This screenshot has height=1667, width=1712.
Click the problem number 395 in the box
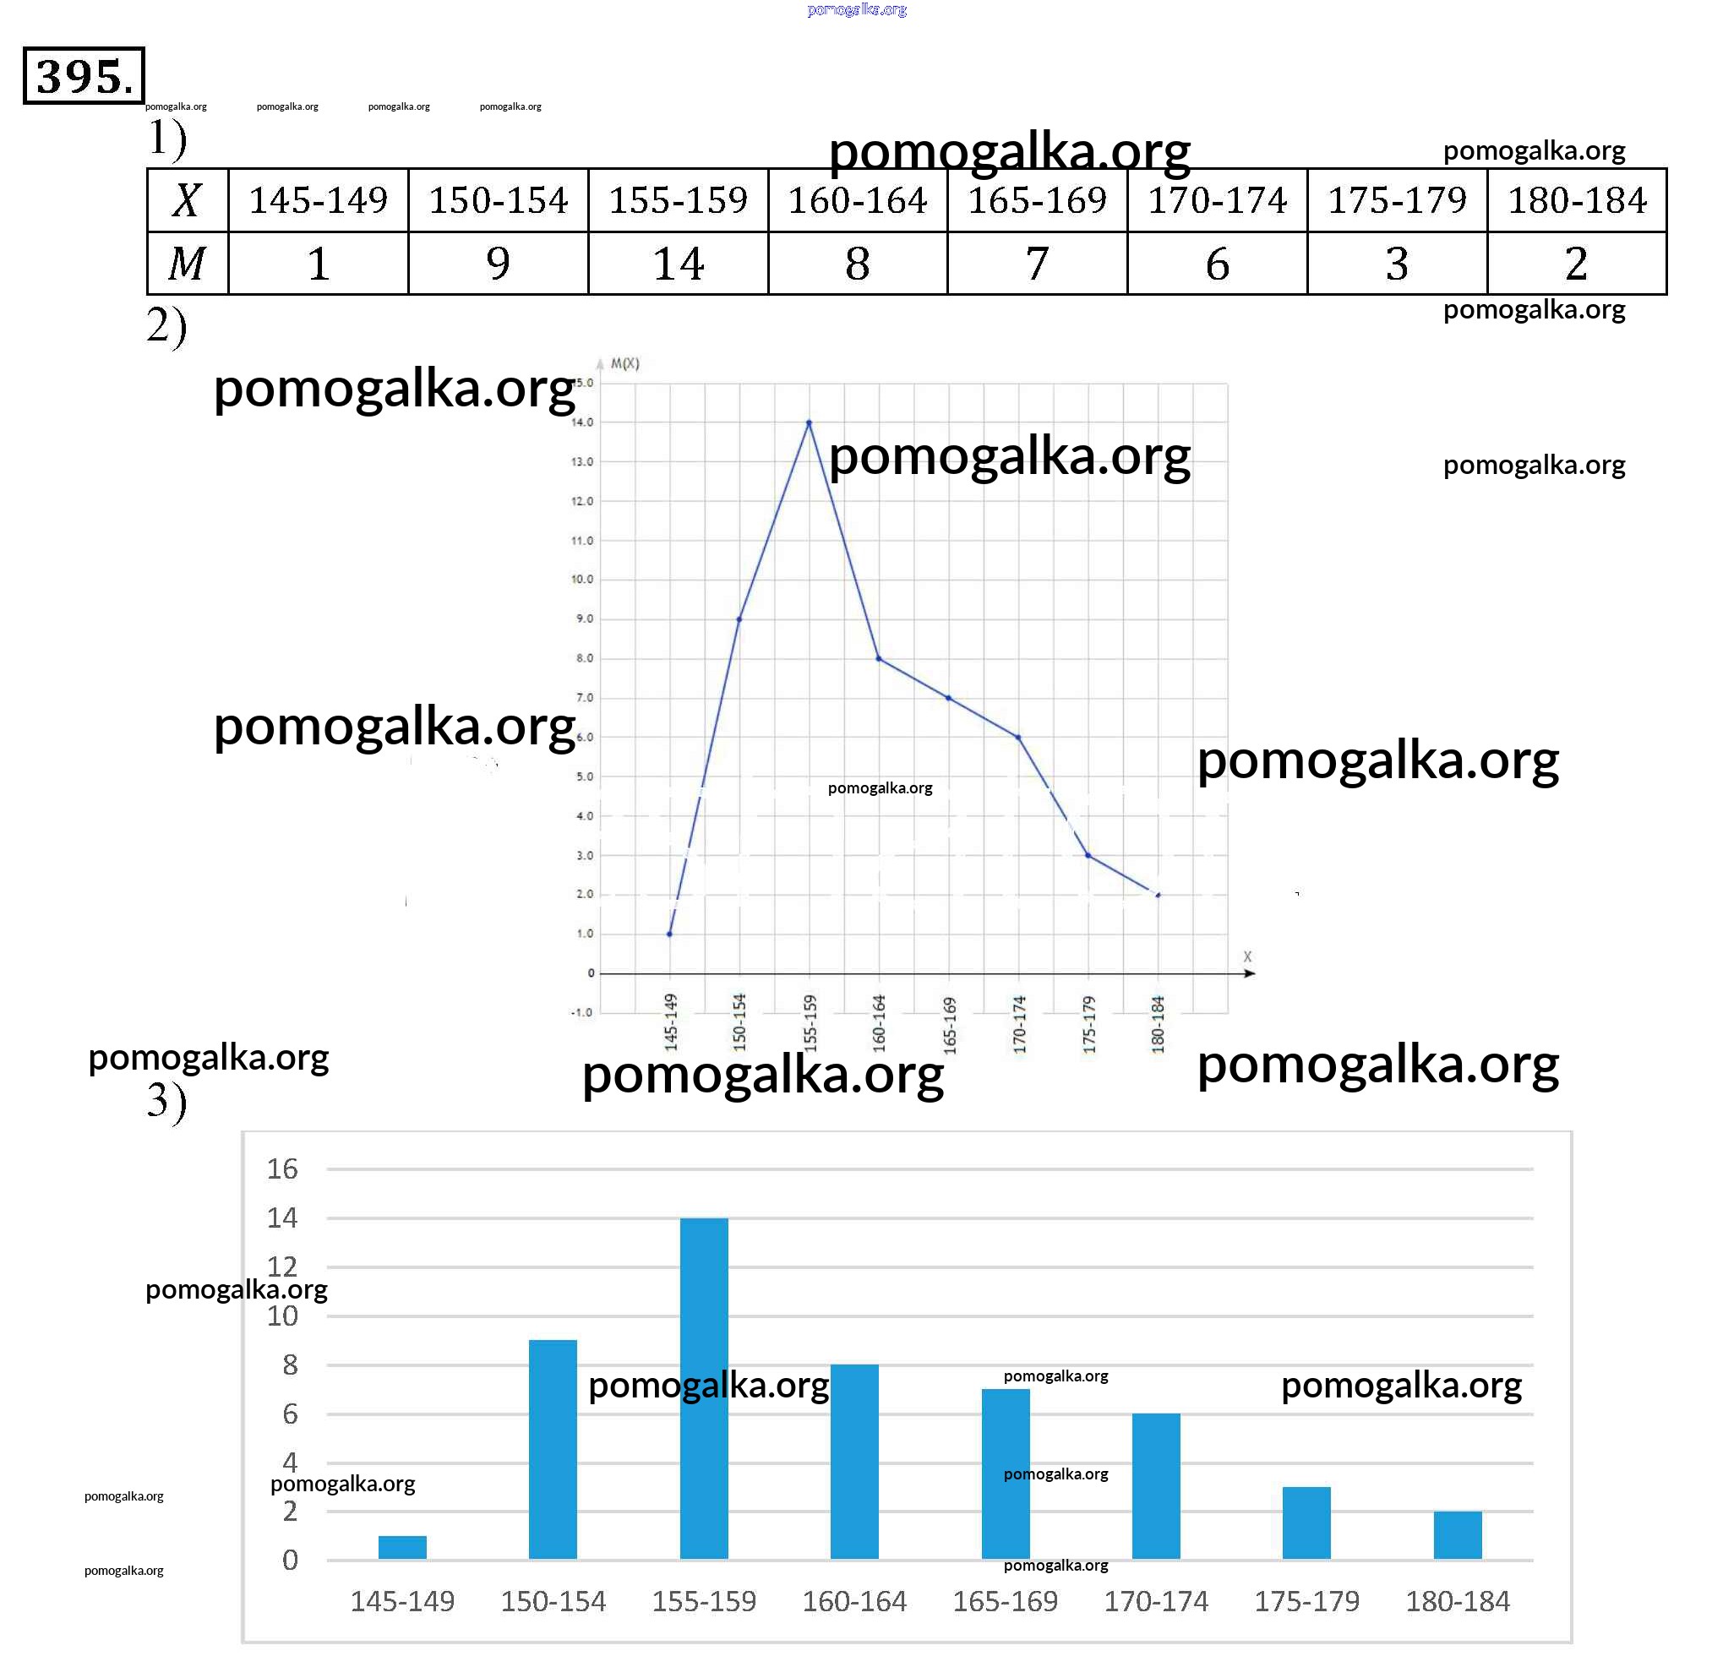pyautogui.click(x=83, y=76)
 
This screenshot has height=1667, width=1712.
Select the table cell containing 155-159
pyautogui.click(x=678, y=200)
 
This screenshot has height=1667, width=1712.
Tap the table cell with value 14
pyautogui.click(x=678, y=264)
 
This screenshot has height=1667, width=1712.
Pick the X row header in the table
pyautogui.click(x=188, y=200)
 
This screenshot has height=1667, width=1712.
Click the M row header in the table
pyautogui.click(x=188, y=264)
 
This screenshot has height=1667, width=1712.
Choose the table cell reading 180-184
pyautogui.click(x=1576, y=200)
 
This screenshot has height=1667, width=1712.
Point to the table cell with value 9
pyautogui.click(x=498, y=264)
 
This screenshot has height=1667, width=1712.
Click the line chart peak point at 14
pyautogui.click(x=810, y=423)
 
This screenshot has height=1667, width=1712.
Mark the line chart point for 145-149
pyautogui.click(x=670, y=934)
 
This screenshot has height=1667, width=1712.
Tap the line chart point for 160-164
pyautogui.click(x=878, y=658)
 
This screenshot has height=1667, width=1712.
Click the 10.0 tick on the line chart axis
pyautogui.click(x=582, y=580)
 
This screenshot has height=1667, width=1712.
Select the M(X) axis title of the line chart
pyautogui.click(x=624, y=364)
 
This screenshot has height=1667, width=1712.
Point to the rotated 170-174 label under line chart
pyautogui.click(x=1019, y=1024)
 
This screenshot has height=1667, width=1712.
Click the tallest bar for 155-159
pyautogui.click(x=704, y=1387)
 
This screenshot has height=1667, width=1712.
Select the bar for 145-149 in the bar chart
pyautogui.click(x=403, y=1547)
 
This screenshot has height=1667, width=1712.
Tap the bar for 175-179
pyautogui.click(x=1306, y=1523)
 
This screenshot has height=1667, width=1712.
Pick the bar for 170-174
pyautogui.click(x=1156, y=1485)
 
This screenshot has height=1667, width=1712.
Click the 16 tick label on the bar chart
pyautogui.click(x=282, y=1169)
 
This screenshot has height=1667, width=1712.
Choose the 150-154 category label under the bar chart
pyautogui.click(x=553, y=1601)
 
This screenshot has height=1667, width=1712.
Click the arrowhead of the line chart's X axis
pyautogui.click(x=1251, y=973)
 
